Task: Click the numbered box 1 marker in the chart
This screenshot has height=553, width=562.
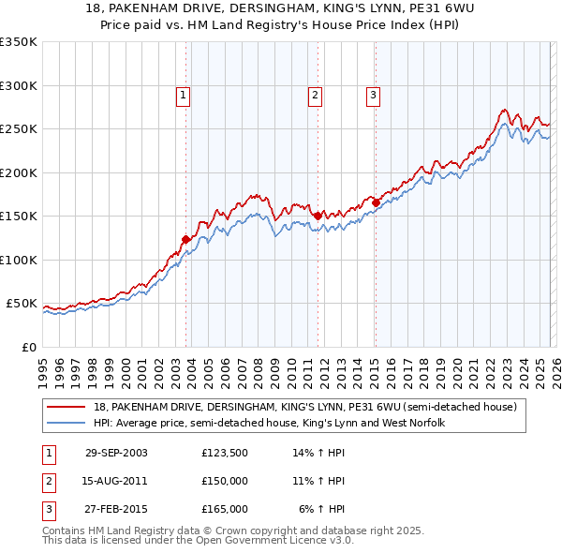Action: pyautogui.click(x=183, y=94)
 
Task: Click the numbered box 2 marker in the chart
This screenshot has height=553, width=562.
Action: pyautogui.click(x=315, y=94)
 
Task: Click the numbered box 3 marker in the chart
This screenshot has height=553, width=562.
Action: pyautogui.click(x=373, y=94)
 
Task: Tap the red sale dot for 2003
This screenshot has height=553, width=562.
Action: pyautogui.click(x=186, y=240)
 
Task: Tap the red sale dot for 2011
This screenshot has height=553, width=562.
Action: pyautogui.click(x=318, y=216)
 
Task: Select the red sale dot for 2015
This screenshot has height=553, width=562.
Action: pyautogui.click(x=376, y=202)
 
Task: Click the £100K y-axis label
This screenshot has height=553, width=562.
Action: pyautogui.click(x=18, y=260)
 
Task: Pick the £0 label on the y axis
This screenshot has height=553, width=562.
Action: pyautogui.click(x=27, y=347)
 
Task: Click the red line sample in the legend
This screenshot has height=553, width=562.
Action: pyautogui.click(x=67, y=407)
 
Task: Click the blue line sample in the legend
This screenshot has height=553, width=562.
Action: pyautogui.click(x=67, y=424)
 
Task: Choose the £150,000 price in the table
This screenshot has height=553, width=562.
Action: pyautogui.click(x=225, y=481)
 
